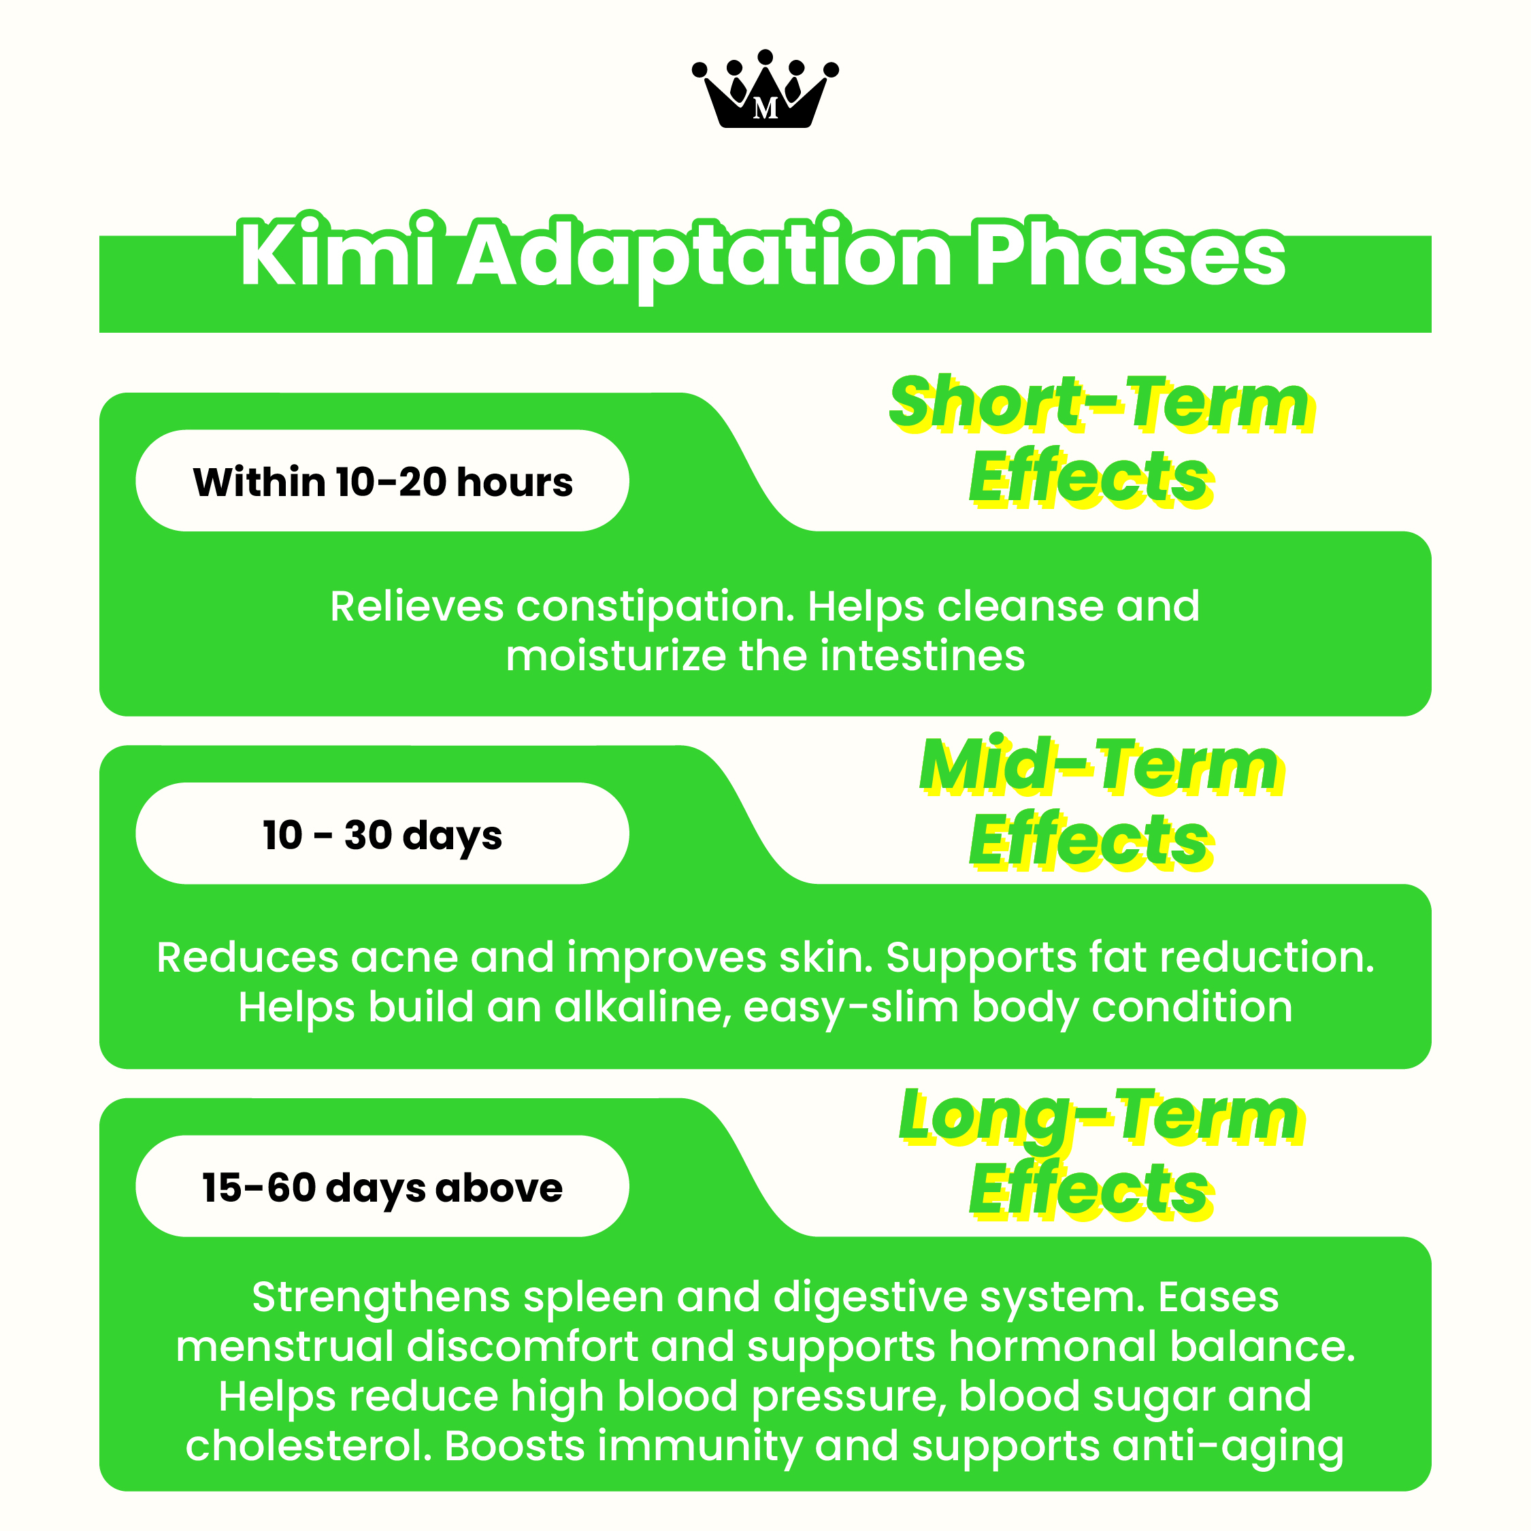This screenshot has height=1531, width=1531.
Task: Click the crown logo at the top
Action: [765, 91]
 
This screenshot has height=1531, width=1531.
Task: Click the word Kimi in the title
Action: [338, 255]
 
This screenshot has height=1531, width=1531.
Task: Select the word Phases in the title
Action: [1130, 255]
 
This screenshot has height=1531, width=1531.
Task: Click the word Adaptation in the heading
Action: [705, 255]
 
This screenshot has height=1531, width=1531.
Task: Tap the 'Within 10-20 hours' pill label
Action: [382, 481]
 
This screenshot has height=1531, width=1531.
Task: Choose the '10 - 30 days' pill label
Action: [382, 834]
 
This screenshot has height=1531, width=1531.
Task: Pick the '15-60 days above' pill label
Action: [382, 1186]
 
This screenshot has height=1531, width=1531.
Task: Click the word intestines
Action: [923, 656]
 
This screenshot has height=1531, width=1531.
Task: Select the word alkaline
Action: [642, 1007]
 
